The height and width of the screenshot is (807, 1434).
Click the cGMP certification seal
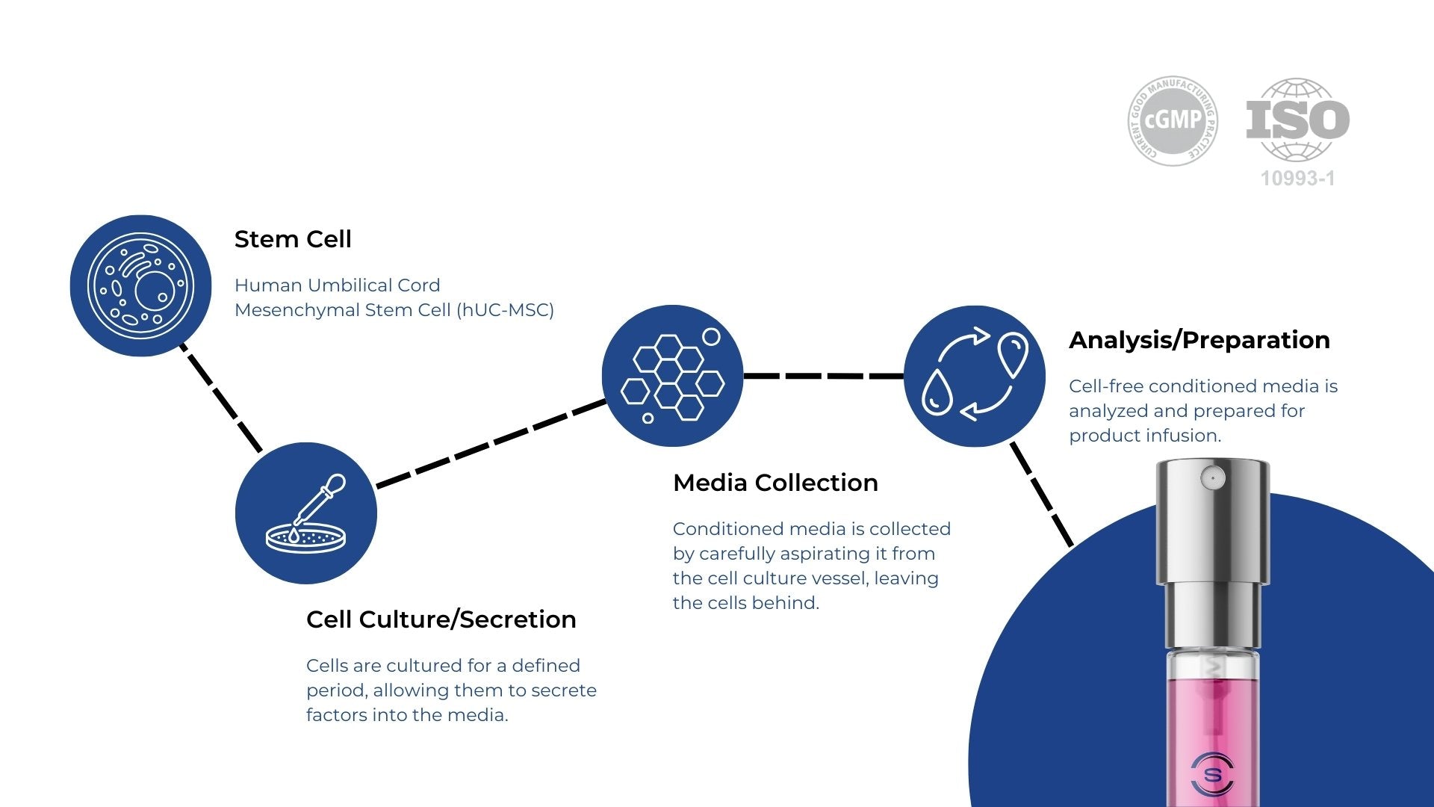coord(1173,120)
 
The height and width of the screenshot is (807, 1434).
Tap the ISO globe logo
coord(1298,120)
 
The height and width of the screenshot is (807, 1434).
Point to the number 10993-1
coord(1297,179)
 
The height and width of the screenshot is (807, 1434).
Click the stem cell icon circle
coord(140,285)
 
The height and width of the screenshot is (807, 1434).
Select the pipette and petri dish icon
coord(306,513)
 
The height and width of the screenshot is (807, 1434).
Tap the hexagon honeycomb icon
coord(672,376)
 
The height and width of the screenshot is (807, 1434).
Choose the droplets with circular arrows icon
coord(975,376)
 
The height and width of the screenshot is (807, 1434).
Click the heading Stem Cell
coord(293,239)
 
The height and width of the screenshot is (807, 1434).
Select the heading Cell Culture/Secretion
coord(441,619)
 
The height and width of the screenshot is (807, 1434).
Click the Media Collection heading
coord(775,483)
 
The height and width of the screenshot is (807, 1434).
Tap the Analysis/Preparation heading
coord(1199,340)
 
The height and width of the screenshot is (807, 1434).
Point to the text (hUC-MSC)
coord(505,310)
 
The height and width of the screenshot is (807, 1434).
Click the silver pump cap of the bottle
coord(1212,523)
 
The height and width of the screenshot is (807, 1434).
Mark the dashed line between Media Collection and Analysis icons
coord(823,376)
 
